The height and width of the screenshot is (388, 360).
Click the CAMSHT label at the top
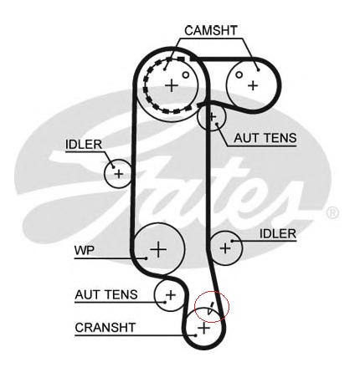(x=211, y=30)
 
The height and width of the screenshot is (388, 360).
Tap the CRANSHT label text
(x=105, y=328)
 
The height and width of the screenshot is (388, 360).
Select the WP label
(x=85, y=250)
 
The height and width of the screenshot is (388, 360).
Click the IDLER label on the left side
(x=84, y=145)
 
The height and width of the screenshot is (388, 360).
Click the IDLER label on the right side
(x=278, y=234)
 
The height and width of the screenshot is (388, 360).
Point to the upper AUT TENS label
(x=265, y=138)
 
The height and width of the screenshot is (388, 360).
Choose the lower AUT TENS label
(x=106, y=294)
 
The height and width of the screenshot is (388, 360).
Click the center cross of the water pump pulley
(x=158, y=249)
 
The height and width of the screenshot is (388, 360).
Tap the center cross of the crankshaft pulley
(x=203, y=328)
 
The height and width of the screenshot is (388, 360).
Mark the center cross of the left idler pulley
(x=119, y=174)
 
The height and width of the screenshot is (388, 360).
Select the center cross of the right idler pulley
(x=225, y=248)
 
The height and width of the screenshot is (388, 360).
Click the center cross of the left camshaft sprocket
(x=172, y=85)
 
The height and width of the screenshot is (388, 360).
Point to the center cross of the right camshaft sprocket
(x=253, y=85)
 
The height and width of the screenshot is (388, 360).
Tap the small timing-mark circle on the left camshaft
(x=186, y=74)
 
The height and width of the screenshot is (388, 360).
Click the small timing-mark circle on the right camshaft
(x=239, y=74)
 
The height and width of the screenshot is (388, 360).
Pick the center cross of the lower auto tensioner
(x=170, y=295)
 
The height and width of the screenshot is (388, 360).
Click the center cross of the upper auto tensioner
(x=212, y=116)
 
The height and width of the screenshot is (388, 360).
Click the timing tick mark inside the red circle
(x=211, y=308)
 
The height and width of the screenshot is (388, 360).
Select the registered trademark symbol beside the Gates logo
(x=332, y=212)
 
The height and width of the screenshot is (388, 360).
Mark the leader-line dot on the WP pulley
(x=146, y=258)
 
